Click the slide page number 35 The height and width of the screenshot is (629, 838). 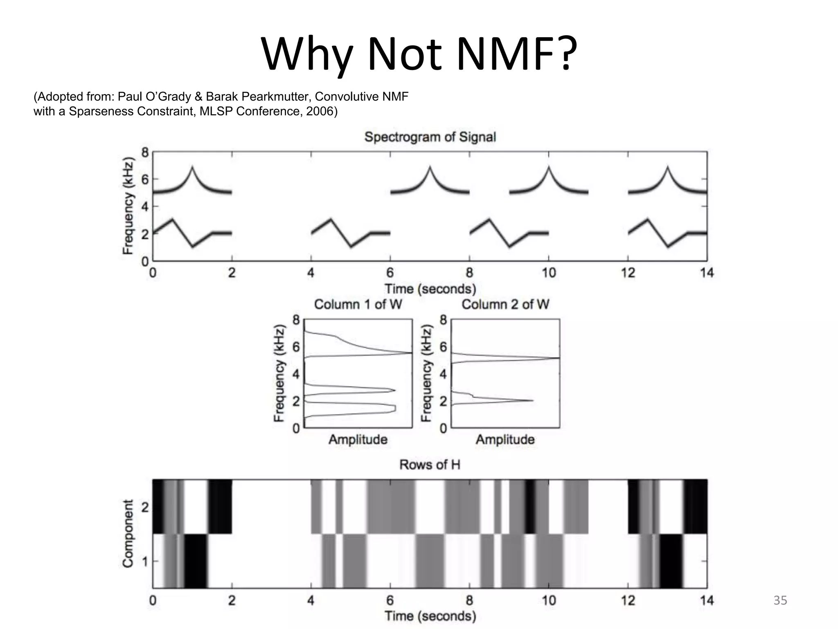pos(780,600)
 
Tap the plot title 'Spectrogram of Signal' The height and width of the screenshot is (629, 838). pos(430,137)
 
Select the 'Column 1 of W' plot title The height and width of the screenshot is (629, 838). pos(358,304)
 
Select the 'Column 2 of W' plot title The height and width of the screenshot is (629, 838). pos(505,304)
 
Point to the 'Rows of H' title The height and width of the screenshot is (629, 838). pos(430,465)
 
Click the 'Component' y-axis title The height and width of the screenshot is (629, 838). pos(128,534)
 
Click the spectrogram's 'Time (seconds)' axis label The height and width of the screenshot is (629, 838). pos(430,289)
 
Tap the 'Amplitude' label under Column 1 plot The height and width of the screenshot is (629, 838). pos(358,440)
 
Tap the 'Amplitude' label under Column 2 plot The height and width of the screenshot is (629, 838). pos(505,440)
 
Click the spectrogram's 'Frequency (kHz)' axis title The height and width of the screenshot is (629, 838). pos(128,206)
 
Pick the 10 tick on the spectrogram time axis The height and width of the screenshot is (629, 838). pos(549,273)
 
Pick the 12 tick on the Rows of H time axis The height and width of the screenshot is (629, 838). pos(628,601)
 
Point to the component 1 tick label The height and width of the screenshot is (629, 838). pos(145,561)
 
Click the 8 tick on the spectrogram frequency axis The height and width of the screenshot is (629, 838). pos(145,153)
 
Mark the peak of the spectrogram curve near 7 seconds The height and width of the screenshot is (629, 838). pos(430,167)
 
